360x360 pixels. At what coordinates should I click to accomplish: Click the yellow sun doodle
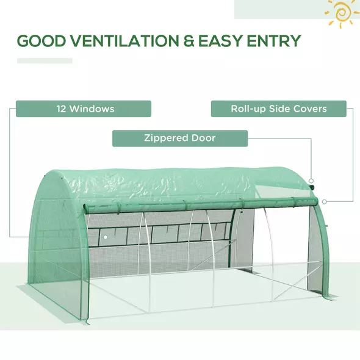click(342, 13)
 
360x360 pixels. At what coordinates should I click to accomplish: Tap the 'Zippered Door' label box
click(180, 139)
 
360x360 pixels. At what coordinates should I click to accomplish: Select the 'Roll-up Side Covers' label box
click(279, 109)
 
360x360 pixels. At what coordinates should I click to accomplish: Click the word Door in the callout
click(203, 139)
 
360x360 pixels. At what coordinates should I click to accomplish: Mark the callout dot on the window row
click(105, 236)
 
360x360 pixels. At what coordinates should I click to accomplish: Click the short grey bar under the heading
click(45, 60)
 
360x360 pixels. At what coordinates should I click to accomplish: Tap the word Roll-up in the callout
click(247, 109)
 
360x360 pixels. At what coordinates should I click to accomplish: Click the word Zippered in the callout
click(166, 139)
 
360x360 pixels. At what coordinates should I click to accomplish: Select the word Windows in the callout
click(92, 109)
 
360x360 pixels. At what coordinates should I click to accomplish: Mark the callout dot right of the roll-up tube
click(324, 201)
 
